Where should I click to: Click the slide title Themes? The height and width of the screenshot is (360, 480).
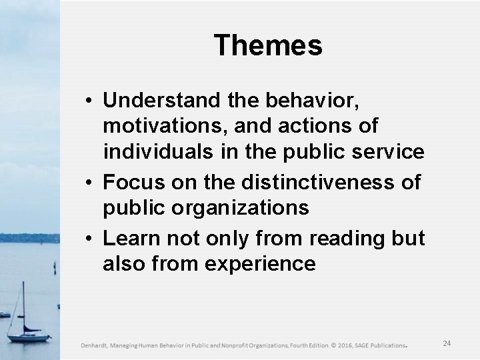pyautogui.click(x=268, y=46)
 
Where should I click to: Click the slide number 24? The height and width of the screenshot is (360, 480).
pyautogui.click(x=447, y=343)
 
